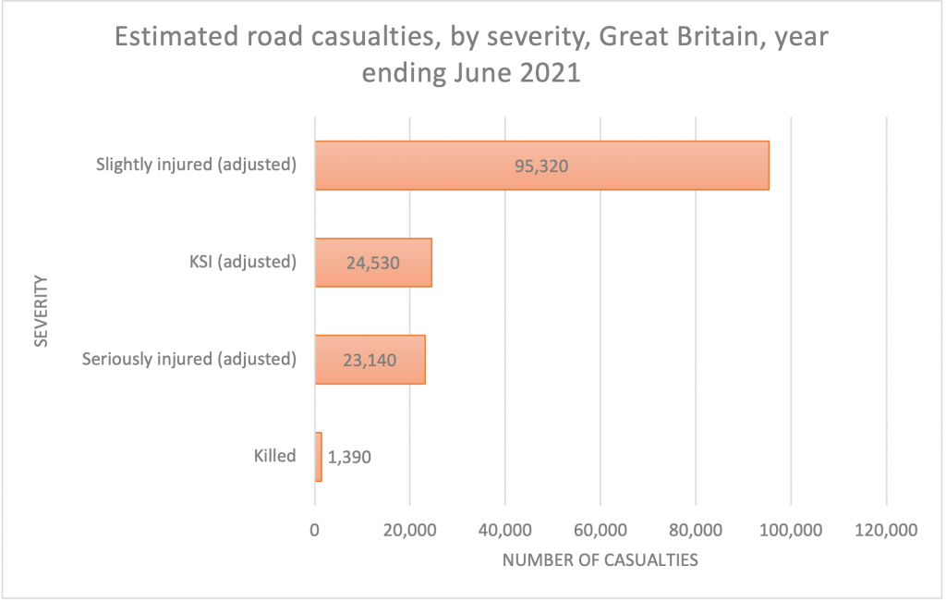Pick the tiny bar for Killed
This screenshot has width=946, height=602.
319,457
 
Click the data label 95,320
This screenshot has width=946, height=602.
541,166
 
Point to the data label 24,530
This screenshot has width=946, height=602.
373,264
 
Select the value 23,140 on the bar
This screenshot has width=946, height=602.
370,361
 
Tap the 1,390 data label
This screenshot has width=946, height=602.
349,457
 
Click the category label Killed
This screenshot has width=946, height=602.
274,456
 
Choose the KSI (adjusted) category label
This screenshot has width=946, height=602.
236,262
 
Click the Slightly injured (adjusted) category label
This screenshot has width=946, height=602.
196,165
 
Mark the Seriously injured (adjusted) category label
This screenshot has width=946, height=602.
189,359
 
